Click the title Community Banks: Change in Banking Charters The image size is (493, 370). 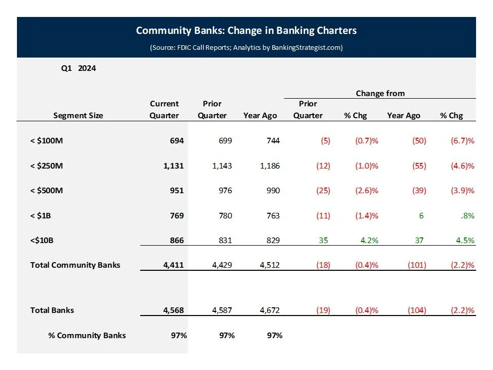click(246, 31)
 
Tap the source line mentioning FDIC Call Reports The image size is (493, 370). click(246, 48)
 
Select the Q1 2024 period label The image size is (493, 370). click(79, 68)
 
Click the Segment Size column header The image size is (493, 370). click(78, 116)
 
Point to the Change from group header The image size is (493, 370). click(380, 94)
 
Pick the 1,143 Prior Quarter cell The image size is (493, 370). click(221, 166)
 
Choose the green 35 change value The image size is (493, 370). click(323, 240)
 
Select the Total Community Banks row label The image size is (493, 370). click(75, 265)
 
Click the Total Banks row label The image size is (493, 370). click(52, 310)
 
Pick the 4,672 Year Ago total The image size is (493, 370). click(268, 310)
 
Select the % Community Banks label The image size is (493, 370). click(87, 336)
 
